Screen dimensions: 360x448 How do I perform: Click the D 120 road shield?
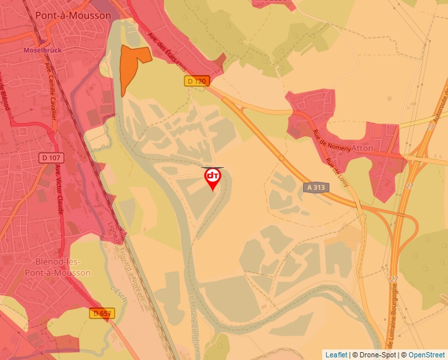coord(196,81)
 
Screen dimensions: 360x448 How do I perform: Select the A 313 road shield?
coord(316,187)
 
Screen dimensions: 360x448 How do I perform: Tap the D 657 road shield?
coord(102,314)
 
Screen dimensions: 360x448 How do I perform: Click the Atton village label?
coord(362,148)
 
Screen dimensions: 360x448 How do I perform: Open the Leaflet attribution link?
coord(336,355)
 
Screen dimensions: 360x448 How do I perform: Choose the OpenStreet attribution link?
coord(427,355)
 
